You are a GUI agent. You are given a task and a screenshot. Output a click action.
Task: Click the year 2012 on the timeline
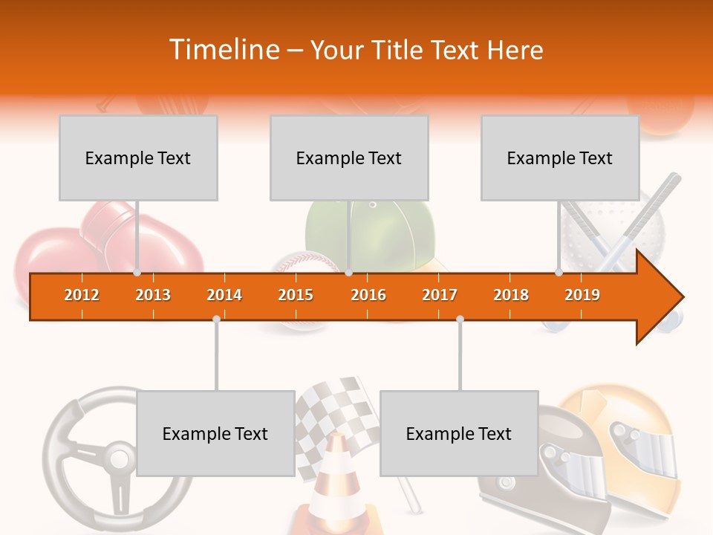82,295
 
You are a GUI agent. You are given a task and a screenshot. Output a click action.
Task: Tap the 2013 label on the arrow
153,295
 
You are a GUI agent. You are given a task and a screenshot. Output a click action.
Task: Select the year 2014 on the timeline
224,295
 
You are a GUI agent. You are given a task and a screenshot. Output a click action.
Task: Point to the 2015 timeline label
296,295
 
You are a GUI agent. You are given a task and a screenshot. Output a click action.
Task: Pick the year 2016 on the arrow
368,295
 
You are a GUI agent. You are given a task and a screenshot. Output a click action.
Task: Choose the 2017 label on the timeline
440,295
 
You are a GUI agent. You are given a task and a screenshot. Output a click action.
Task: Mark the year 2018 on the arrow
511,295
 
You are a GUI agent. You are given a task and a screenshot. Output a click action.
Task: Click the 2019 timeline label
582,295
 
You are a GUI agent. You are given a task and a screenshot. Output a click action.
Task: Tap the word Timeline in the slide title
223,50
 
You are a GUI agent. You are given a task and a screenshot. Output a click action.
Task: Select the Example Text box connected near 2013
138,158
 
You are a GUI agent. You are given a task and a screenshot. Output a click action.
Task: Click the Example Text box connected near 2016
349,158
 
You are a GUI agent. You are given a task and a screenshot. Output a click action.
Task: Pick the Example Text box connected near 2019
560,158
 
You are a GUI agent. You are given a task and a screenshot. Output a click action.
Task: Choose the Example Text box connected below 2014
215,433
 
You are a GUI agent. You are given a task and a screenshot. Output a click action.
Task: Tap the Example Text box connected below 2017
459,433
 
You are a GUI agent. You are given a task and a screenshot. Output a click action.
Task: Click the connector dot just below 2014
216,319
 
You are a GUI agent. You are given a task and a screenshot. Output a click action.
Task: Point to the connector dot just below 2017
460,319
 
